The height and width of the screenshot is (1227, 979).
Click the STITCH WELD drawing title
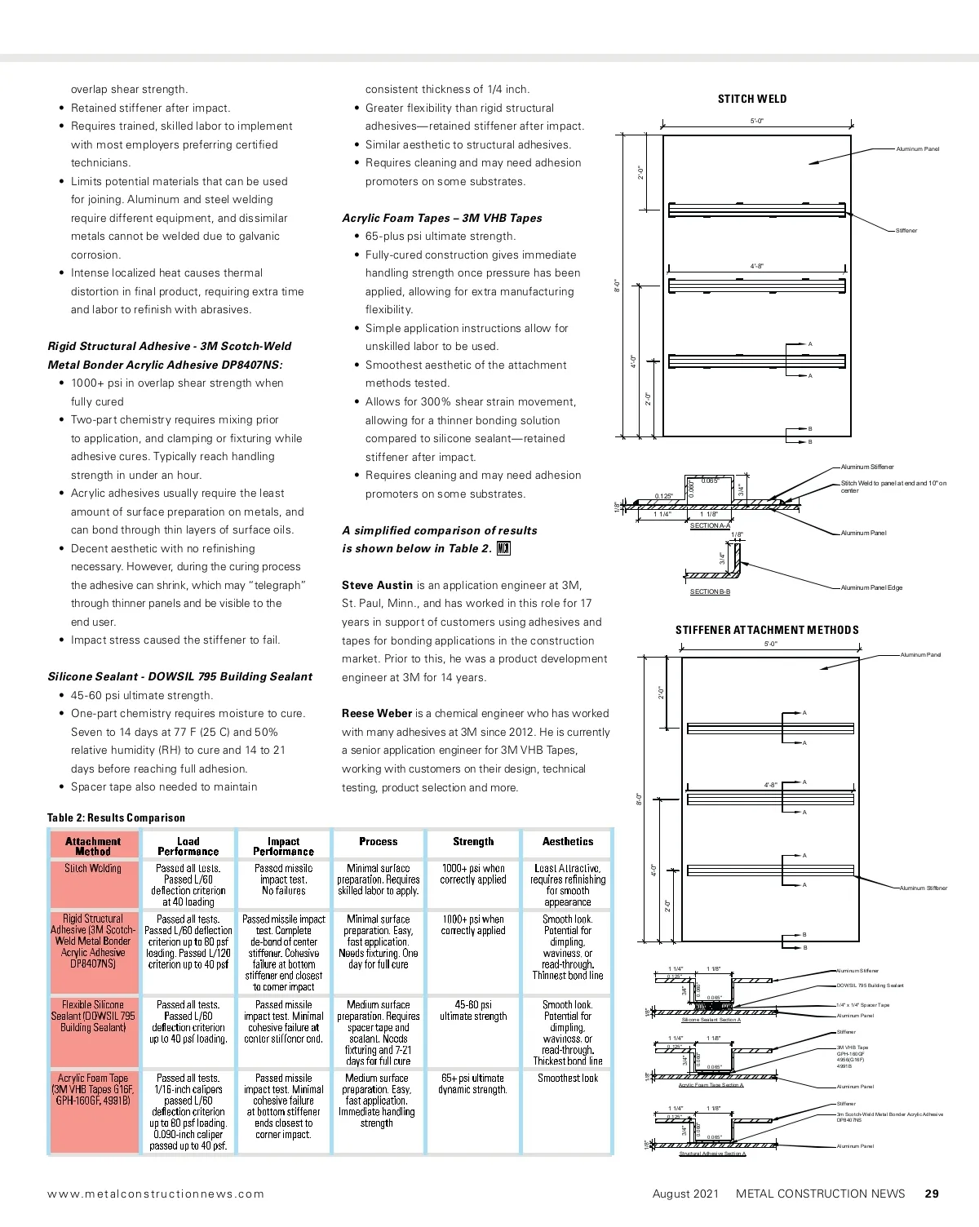752,99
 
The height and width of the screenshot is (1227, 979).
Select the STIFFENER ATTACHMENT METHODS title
767,630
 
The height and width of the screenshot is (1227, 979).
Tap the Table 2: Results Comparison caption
116,817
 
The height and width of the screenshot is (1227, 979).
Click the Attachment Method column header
93,846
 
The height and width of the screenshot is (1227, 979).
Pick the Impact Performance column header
283,846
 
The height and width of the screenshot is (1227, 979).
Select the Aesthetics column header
568,841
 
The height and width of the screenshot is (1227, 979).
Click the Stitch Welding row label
93,868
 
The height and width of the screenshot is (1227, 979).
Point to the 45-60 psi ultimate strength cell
473,1010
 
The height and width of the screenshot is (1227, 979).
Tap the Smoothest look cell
568,1078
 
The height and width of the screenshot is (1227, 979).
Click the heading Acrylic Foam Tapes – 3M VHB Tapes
441,218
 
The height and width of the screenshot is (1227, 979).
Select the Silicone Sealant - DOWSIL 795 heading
179,676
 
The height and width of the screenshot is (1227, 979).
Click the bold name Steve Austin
377,585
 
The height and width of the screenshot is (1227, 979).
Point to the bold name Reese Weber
377,713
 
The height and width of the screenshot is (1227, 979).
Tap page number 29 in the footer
932,1194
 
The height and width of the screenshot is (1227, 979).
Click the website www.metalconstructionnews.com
156,1194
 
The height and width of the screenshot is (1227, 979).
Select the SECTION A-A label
710,525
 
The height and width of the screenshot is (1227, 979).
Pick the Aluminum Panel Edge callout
871,587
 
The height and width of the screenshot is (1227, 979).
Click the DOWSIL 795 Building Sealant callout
870,986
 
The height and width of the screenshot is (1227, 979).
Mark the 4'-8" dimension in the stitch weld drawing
757,266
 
